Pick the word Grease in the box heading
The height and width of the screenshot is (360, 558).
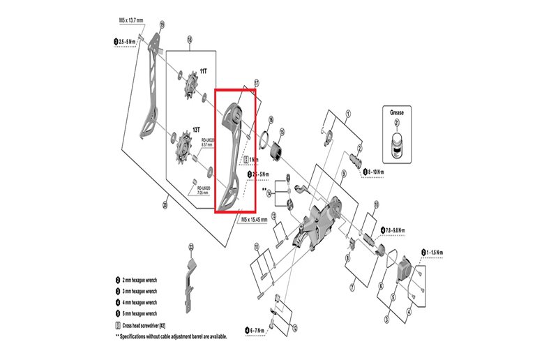[396, 112]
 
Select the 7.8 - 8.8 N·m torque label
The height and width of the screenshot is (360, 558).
[395, 230]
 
